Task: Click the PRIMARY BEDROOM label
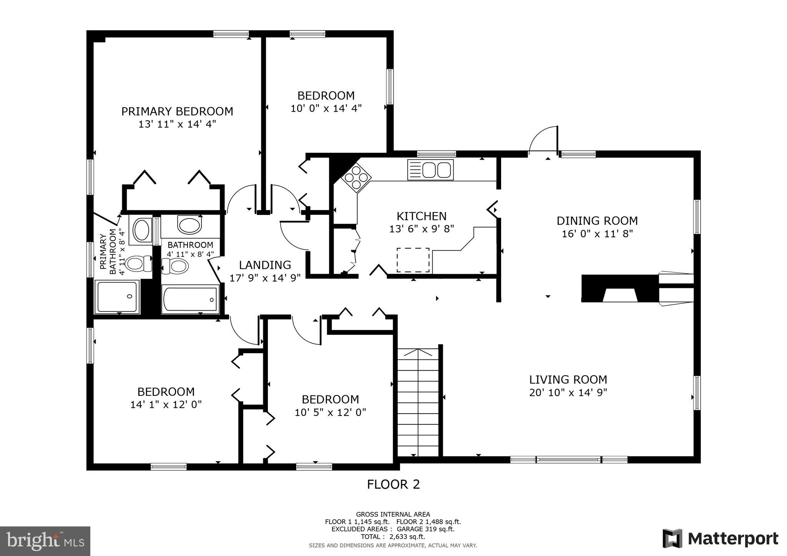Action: (177, 111)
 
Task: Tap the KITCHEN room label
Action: (422, 216)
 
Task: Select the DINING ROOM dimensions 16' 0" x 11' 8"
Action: (597, 233)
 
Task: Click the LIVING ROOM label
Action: (568, 380)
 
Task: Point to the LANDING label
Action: (265, 265)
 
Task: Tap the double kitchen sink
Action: (430, 170)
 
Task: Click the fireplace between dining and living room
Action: (619, 289)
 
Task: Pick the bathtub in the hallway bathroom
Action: (190, 299)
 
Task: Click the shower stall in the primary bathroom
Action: (117, 297)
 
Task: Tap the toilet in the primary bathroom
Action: (137, 264)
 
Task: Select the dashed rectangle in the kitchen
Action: (413, 260)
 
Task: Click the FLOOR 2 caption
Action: (393, 485)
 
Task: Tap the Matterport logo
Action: (720, 539)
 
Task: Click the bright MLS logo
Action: (45, 541)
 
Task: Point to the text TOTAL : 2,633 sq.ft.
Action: (393, 537)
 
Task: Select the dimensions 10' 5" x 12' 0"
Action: (330, 412)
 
